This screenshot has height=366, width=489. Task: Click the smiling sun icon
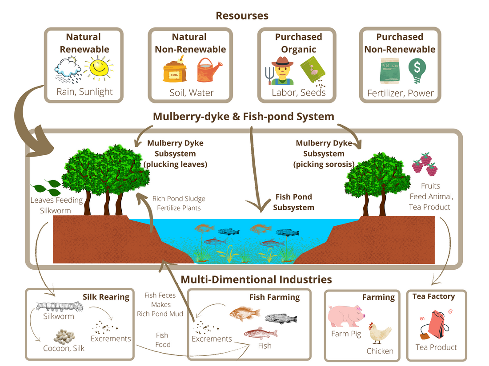pos(100,68)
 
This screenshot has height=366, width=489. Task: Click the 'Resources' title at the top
pos(242,16)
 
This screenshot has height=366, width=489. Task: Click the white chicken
pos(381,334)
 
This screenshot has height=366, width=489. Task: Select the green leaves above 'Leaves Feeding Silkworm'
pos(46,187)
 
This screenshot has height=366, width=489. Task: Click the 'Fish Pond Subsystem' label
pos(293,202)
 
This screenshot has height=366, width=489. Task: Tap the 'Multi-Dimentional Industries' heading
pos(257,279)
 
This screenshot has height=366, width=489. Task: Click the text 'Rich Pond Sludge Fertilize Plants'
pos(179,203)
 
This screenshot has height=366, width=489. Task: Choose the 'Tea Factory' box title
pos(433,296)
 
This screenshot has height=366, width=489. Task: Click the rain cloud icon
pos(68,70)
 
